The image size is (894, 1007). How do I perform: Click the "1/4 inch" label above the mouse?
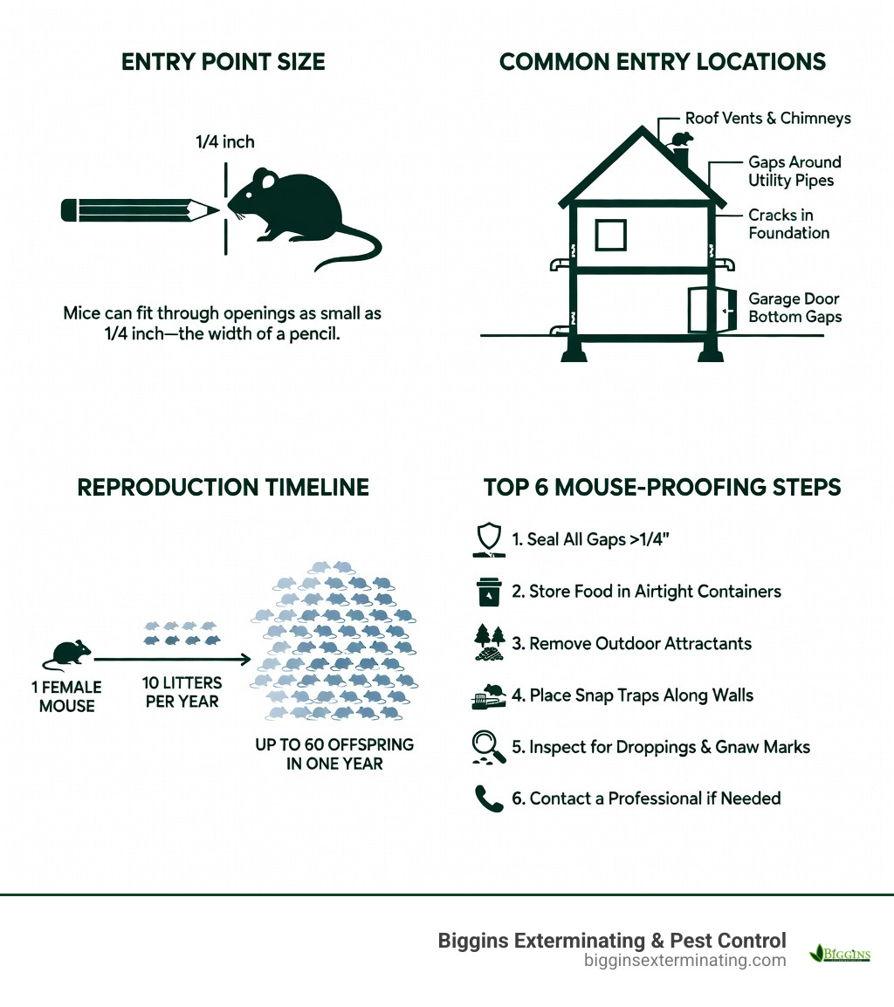225,141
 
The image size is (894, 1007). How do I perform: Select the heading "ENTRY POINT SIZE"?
223,62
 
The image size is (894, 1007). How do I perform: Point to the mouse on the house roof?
680,139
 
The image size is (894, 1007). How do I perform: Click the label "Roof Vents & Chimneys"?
767,118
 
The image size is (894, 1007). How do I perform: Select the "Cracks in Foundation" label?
788,224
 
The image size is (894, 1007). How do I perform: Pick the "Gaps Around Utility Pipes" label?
794,171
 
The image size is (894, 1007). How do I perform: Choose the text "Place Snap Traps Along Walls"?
642,695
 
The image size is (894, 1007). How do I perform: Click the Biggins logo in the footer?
840,953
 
